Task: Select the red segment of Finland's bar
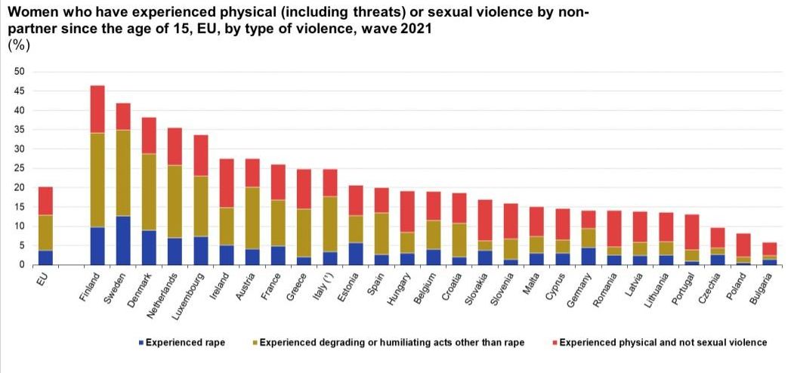click(x=97, y=109)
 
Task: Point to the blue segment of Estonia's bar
click(x=357, y=253)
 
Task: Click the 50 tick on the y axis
click(x=20, y=72)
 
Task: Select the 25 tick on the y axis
click(x=20, y=168)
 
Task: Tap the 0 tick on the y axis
click(x=22, y=265)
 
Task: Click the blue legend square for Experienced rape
click(x=141, y=343)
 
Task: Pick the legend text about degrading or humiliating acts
click(x=391, y=343)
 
